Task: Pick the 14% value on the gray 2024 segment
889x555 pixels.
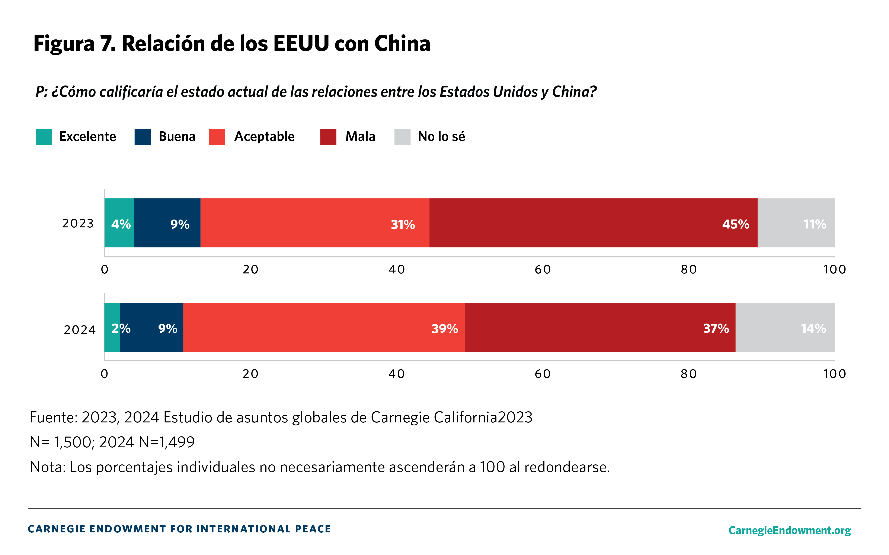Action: [x=813, y=328]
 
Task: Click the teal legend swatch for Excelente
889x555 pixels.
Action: [x=44, y=137]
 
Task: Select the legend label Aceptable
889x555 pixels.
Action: [x=264, y=137]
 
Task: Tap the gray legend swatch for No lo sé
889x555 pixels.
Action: [x=402, y=137]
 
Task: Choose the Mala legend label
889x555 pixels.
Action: [x=360, y=137]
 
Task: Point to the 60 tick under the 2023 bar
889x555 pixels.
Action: [x=543, y=269]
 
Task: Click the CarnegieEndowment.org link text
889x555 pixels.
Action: [x=789, y=530]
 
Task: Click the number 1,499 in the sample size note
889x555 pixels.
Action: [x=176, y=442]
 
